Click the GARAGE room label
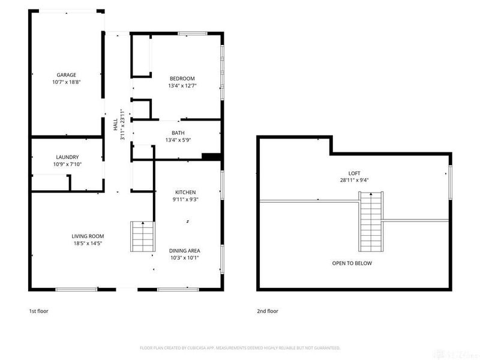pyautogui.click(x=66, y=74)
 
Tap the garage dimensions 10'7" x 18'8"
pyautogui.click(x=66, y=82)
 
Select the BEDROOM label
pyautogui.click(x=182, y=79)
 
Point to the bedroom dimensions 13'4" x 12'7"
pyautogui.click(x=182, y=86)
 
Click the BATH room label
pyautogui.click(x=178, y=133)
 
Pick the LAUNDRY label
pyautogui.click(x=67, y=157)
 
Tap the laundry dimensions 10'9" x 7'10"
pyautogui.click(x=67, y=164)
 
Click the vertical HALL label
pyautogui.click(x=115, y=124)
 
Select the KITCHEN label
pyautogui.click(x=185, y=192)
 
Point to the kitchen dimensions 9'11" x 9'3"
pyautogui.click(x=185, y=200)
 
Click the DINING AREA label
pyautogui.click(x=185, y=251)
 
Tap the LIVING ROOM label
pyautogui.click(x=88, y=236)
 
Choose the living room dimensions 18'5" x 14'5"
pyautogui.click(x=88, y=244)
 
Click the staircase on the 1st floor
pyautogui.click(x=142, y=236)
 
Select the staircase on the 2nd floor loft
pyautogui.click(x=371, y=221)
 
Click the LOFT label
pyautogui.click(x=354, y=173)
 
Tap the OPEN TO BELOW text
pyautogui.click(x=352, y=263)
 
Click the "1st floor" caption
pyautogui.click(x=38, y=311)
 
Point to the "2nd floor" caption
pyautogui.click(x=268, y=311)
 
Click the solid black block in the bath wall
pyautogui.click(x=211, y=157)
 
